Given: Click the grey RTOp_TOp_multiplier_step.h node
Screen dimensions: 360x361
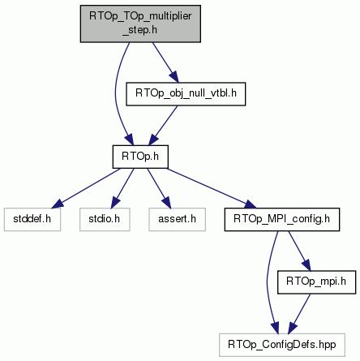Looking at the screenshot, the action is pyautogui.click(x=140, y=24).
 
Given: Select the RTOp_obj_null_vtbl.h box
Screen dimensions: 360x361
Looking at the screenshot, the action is pyautogui.click(x=186, y=94).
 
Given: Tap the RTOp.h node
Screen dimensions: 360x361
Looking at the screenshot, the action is pyautogui.click(x=140, y=157).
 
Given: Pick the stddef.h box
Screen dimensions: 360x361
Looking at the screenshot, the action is pyautogui.click(x=32, y=219).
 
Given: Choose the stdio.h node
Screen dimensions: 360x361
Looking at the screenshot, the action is pyautogui.click(x=105, y=219).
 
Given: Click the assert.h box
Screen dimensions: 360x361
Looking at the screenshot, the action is pyautogui.click(x=177, y=219).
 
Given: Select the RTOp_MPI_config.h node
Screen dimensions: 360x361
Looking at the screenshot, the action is pyautogui.click(x=282, y=219).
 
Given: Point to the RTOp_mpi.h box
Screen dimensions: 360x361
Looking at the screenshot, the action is pyautogui.click(x=316, y=282).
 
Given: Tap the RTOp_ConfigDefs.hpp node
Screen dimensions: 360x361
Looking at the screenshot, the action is pyautogui.click(x=282, y=345).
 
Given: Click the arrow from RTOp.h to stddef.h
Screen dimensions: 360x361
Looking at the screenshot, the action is pyautogui.click(x=86, y=188).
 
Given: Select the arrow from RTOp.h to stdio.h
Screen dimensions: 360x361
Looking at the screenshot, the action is pyautogui.click(x=122, y=188).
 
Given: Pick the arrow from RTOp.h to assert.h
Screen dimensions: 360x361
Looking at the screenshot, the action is pyautogui.click(x=159, y=188).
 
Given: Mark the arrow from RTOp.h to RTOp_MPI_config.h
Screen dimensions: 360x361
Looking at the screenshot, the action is pyautogui.click(x=212, y=188).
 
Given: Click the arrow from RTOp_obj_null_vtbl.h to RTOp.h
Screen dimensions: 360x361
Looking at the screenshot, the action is pyautogui.click(x=163, y=126).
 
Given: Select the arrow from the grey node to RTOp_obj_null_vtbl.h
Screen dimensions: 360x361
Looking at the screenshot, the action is pyautogui.click(x=165, y=62).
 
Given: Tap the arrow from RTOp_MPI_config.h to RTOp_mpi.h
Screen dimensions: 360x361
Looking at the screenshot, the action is pyautogui.click(x=299, y=251).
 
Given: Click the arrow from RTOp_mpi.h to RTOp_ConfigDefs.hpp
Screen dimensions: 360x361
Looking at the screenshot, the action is pyautogui.click(x=299, y=314).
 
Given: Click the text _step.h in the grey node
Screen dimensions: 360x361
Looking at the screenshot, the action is pyautogui.click(x=139, y=30).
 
